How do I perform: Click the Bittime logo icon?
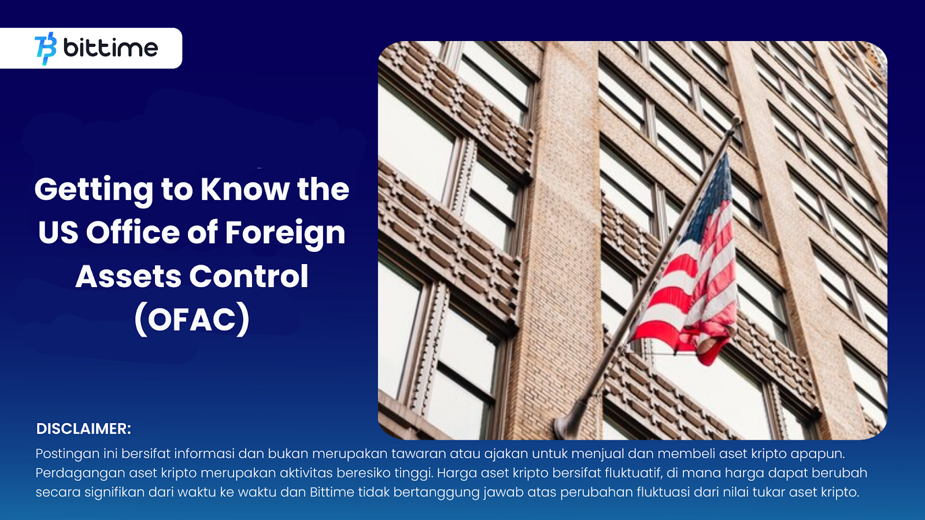pos(46,49)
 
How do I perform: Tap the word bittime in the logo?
pos(110,48)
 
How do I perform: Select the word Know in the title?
pos(245,189)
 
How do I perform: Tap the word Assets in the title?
pos(128,277)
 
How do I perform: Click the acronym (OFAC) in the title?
pos(192,320)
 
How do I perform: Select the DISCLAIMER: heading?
pos(83,429)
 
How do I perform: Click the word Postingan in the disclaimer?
pos(67,454)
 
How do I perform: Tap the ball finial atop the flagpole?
pos(736,121)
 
